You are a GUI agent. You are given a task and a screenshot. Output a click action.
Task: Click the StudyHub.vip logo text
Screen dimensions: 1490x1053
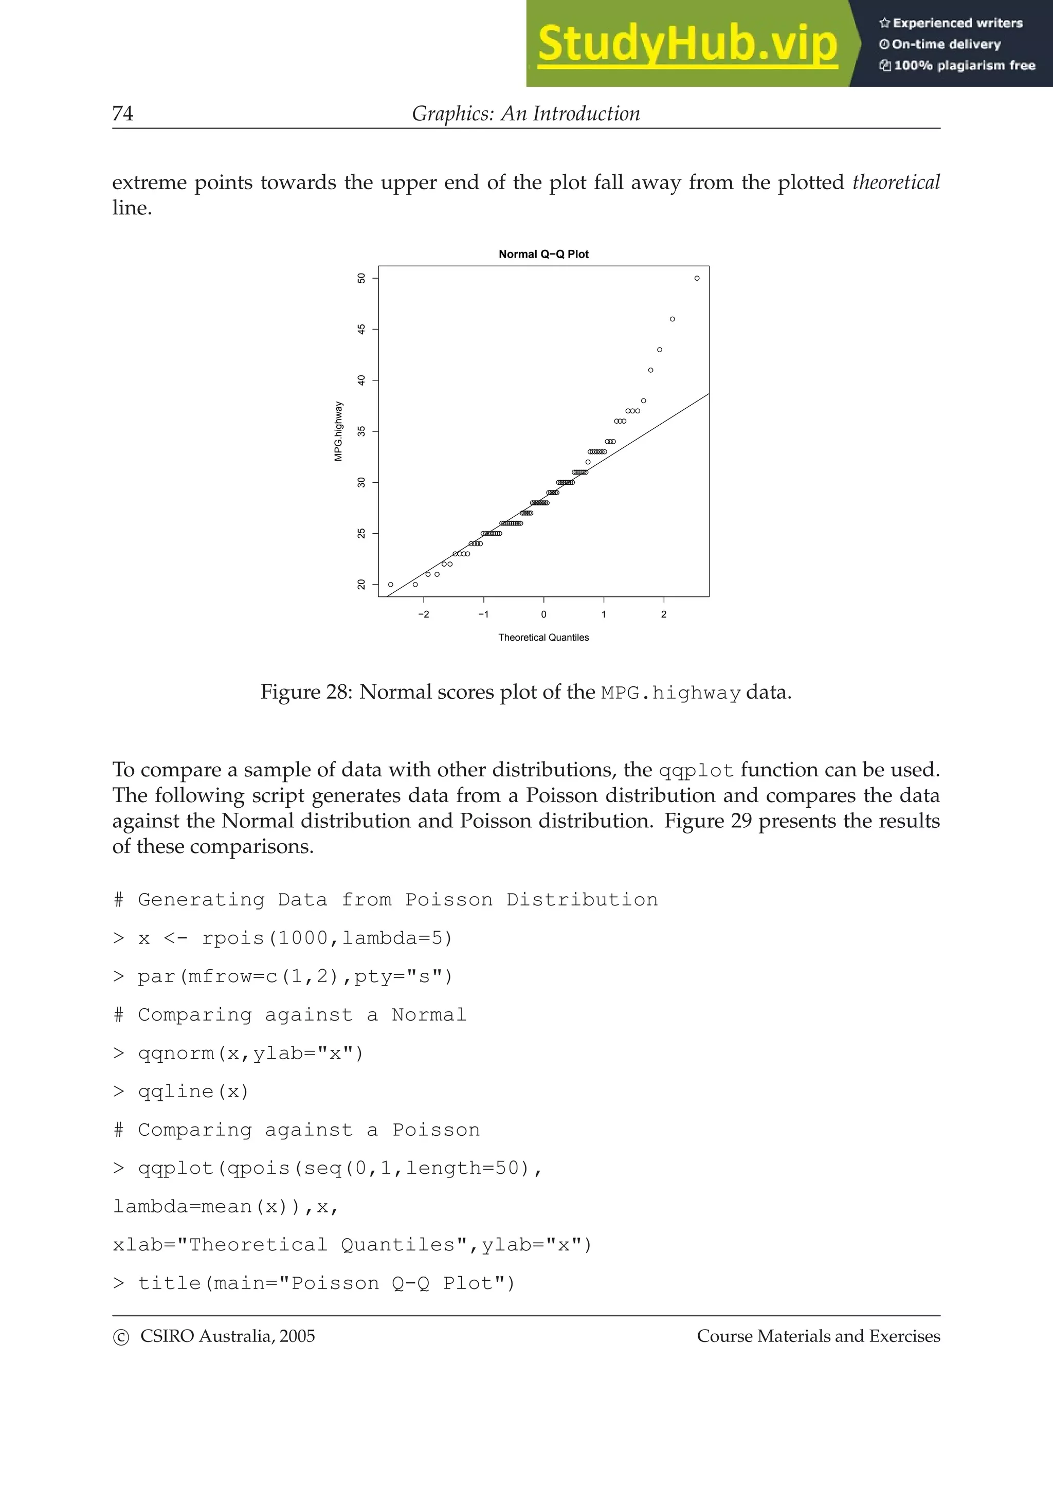pos(687,44)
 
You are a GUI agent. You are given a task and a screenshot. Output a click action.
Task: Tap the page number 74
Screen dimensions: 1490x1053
pos(122,114)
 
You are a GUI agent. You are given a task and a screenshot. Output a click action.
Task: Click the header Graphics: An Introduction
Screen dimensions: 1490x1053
pos(525,114)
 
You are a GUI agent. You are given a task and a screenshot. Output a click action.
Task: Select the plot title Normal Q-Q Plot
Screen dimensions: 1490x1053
pos(543,255)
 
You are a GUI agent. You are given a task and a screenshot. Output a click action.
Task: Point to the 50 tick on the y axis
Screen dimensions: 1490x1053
pos(361,278)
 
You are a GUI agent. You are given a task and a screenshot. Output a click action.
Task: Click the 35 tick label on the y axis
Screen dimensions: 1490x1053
pos(361,431)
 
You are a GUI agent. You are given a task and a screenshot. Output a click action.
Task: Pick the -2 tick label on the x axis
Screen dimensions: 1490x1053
pos(423,614)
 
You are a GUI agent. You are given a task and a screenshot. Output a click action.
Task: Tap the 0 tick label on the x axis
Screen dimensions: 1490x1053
pos(543,614)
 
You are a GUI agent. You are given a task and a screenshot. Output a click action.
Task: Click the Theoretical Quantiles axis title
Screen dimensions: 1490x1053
pos(543,638)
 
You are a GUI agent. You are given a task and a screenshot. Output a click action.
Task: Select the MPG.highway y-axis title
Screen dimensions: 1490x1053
pos(338,431)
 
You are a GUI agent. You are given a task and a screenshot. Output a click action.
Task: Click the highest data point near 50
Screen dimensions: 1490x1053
pos(697,278)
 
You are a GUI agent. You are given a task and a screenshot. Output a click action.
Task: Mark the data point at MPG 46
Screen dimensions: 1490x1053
pos(672,319)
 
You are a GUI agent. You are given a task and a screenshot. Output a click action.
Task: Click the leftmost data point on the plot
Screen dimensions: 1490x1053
pos(391,585)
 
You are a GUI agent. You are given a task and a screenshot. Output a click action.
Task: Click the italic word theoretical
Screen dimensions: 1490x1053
pos(895,183)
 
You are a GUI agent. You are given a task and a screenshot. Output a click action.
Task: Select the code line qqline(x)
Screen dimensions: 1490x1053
pos(193,1092)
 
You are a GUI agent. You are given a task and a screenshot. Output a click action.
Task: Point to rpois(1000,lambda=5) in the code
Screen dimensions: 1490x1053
pos(326,939)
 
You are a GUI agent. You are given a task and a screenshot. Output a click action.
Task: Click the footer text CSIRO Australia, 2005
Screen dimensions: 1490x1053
pos(227,1336)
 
